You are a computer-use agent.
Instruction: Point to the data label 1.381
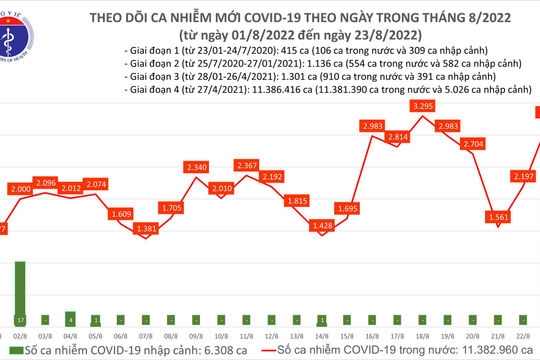(147, 229)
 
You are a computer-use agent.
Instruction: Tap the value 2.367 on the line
(246, 165)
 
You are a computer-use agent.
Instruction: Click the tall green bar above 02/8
(20, 291)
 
